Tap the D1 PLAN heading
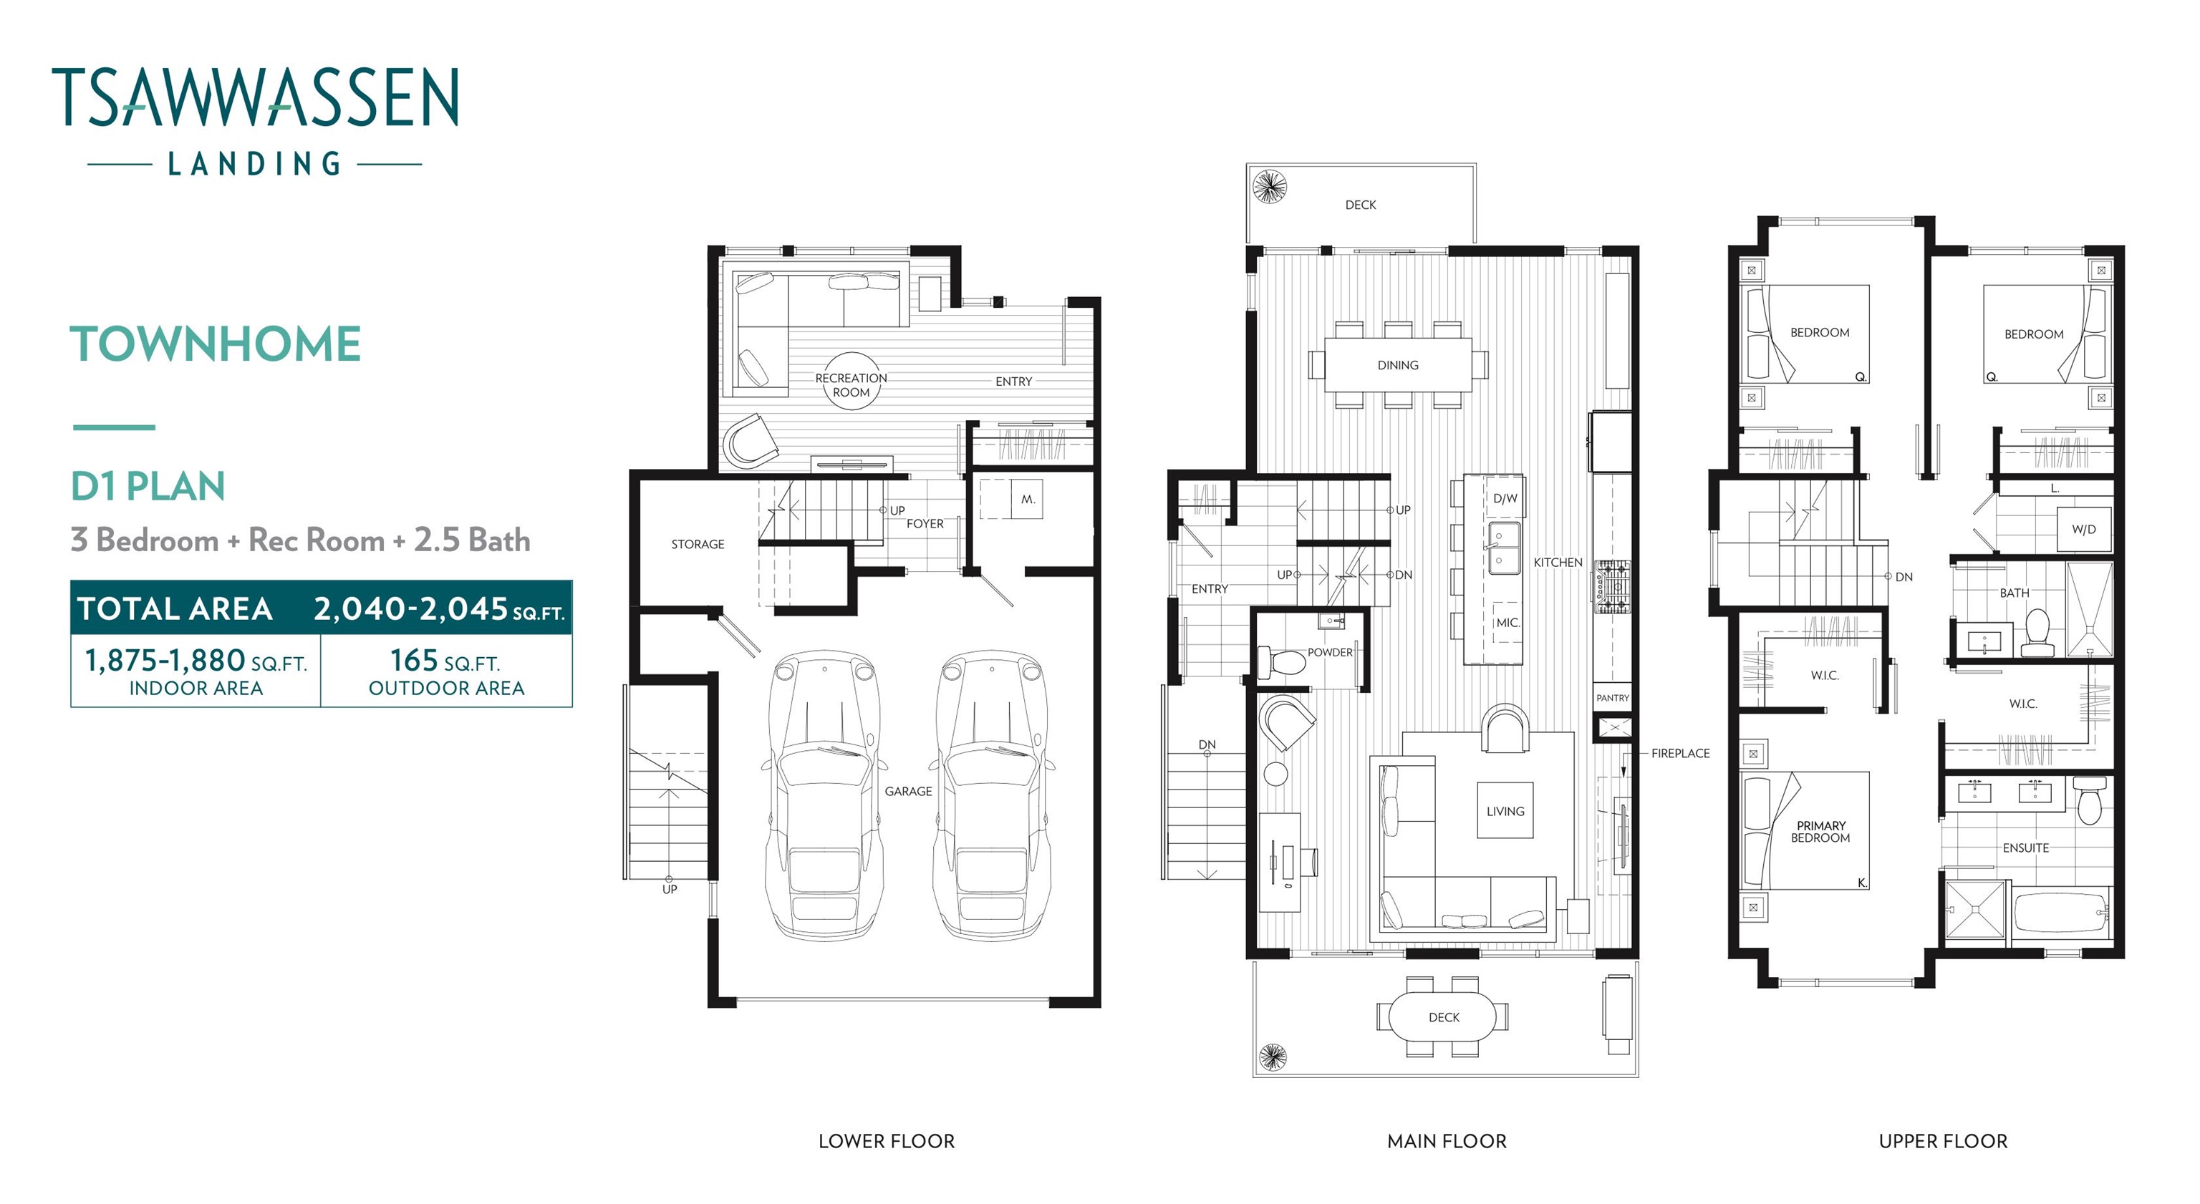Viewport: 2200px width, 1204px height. [x=148, y=486]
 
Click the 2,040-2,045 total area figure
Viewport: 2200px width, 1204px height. [x=439, y=609]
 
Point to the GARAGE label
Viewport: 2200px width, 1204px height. [x=908, y=792]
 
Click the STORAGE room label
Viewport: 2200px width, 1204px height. [x=697, y=544]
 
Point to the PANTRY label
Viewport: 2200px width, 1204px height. [x=1613, y=698]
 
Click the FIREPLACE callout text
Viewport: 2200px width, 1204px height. [x=1680, y=753]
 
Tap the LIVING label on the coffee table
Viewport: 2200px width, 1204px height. [x=1505, y=811]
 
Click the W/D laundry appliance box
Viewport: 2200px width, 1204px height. [x=2083, y=530]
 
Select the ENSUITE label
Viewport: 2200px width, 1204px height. [x=2026, y=848]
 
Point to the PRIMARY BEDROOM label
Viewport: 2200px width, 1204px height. [x=1821, y=832]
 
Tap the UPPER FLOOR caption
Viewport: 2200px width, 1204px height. [x=1943, y=1141]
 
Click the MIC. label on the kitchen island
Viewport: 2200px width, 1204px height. [x=1507, y=623]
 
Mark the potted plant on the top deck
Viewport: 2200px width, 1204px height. [x=1269, y=185]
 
